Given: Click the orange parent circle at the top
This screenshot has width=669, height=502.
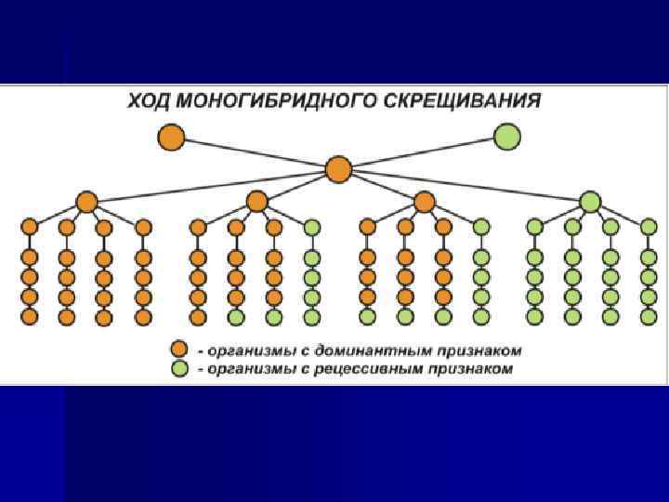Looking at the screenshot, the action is (171, 138).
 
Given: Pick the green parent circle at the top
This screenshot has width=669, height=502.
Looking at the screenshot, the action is (507, 138).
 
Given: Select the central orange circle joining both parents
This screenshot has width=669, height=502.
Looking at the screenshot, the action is (339, 169).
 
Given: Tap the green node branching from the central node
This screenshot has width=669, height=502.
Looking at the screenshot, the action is (590, 201).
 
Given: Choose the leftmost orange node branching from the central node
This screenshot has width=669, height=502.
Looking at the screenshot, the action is (86, 201).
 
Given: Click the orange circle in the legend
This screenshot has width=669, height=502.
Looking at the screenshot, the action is (179, 350).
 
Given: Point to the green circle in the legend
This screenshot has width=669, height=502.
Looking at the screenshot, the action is (179, 368).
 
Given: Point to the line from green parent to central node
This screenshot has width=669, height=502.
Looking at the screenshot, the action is (423, 153).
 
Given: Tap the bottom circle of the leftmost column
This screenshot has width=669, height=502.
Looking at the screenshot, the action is (29, 316).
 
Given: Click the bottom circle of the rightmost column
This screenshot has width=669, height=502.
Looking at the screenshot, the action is (647, 316).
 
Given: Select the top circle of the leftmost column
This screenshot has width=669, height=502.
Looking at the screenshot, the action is (29, 227).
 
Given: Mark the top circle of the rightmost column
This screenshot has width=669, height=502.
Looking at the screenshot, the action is (647, 227).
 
